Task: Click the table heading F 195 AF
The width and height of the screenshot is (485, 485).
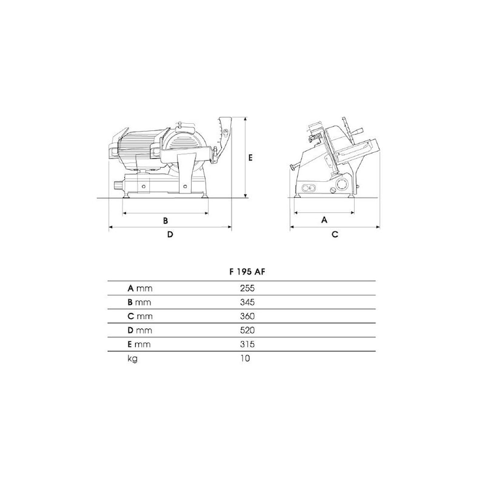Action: [247, 272]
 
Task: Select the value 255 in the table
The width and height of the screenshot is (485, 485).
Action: [247, 289]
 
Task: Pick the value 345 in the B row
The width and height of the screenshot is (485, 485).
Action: [247, 302]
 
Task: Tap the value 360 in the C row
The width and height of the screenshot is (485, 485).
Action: [247, 316]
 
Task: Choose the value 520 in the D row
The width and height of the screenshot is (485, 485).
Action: [247, 330]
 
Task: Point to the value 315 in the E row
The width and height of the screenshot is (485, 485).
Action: [247, 344]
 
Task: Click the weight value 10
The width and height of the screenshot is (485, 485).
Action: [245, 358]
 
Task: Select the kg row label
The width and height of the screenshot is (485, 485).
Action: [132, 359]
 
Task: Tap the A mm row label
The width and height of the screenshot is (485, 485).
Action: [140, 289]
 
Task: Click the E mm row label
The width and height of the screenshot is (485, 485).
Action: [139, 344]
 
